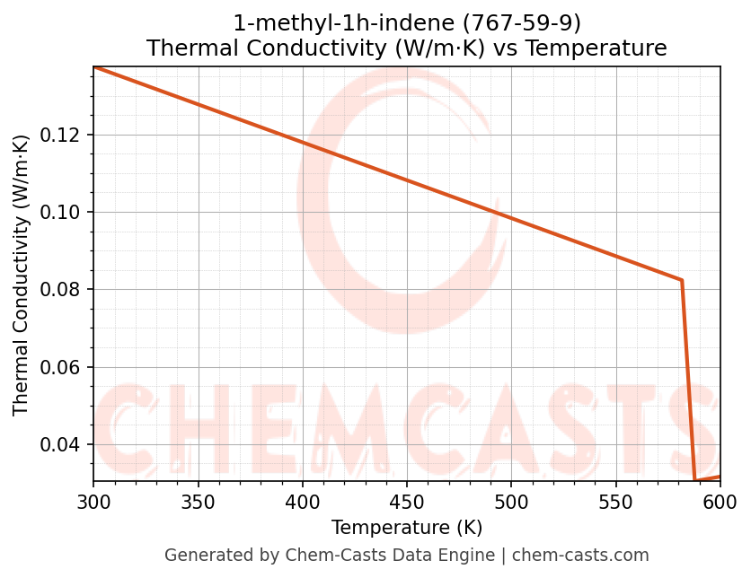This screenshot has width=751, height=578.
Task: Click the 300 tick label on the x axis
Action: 93,502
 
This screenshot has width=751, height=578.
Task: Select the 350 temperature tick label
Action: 198,502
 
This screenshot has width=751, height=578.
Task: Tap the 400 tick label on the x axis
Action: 302,502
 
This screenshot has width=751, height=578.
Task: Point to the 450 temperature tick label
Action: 406,502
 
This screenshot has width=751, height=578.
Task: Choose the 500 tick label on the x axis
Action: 511,502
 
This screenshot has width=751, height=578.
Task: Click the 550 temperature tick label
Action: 615,502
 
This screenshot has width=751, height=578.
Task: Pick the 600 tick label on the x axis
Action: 720,502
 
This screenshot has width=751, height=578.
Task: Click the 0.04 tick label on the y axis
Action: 64,445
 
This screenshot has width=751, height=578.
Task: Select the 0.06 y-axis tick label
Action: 64,367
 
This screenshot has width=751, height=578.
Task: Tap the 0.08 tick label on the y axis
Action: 64,290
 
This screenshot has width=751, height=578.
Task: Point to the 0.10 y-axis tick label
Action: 64,213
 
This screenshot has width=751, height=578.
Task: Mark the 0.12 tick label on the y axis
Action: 64,135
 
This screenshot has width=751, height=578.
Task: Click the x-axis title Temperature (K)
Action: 406,527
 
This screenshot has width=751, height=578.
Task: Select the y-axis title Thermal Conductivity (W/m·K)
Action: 22,275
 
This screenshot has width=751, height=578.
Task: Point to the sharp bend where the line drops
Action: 682,280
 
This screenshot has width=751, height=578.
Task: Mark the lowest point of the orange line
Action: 695,481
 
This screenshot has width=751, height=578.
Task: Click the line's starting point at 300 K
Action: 93,66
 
